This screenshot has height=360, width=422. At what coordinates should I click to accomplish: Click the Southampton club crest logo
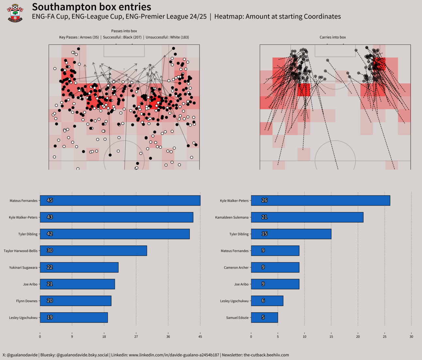click(15, 13)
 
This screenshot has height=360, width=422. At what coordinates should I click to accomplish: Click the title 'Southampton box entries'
click(91, 7)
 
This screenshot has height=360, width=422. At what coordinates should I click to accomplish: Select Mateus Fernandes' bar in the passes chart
click(120, 200)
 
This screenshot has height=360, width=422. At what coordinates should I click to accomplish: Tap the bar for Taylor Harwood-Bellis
click(93, 251)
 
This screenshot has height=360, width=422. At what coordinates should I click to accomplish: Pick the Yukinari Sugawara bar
click(79, 267)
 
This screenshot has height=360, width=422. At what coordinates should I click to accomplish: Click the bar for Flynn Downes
click(75, 301)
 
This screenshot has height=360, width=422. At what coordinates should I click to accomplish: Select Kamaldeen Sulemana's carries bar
click(307, 217)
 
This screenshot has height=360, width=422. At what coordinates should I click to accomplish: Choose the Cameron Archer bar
click(275, 267)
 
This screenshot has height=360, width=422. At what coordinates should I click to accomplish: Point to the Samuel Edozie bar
click(264, 318)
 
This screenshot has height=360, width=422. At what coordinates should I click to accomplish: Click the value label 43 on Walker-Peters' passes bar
click(50, 217)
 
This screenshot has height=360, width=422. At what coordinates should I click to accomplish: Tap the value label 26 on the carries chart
click(264, 200)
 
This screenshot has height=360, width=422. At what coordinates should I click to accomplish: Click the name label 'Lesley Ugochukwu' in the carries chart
click(234, 301)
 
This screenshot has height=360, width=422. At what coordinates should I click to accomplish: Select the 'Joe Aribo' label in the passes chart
click(30, 284)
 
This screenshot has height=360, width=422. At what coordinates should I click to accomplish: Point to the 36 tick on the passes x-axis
click(168, 337)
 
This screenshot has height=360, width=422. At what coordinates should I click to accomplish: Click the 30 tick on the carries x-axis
click(411, 337)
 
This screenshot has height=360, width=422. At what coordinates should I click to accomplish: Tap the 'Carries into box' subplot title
click(333, 37)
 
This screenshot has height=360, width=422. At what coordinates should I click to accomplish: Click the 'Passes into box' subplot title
click(124, 31)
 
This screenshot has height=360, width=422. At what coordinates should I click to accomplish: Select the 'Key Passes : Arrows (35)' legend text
click(79, 37)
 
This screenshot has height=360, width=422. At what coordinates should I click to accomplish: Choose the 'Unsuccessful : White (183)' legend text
click(167, 37)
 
